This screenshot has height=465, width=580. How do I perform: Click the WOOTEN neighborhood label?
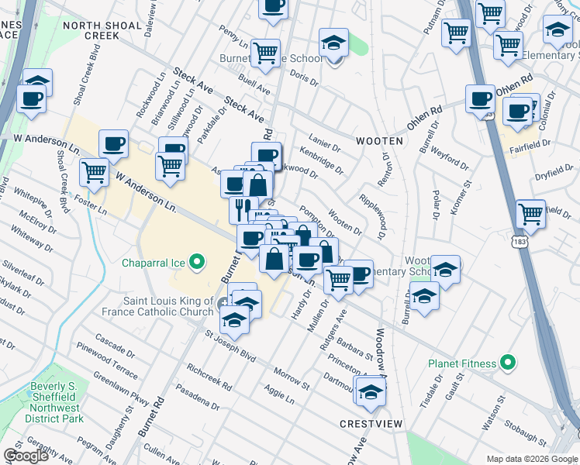(379, 141)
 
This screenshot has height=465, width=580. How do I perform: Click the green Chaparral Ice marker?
(197, 263)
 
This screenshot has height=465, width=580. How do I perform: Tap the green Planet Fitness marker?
(508, 363)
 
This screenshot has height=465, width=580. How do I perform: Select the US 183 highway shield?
(515, 243)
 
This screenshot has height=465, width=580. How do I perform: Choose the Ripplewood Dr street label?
(372, 211)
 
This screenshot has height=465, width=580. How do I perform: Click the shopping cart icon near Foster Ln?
(94, 172)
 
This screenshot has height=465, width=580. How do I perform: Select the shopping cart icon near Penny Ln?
(266, 53)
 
